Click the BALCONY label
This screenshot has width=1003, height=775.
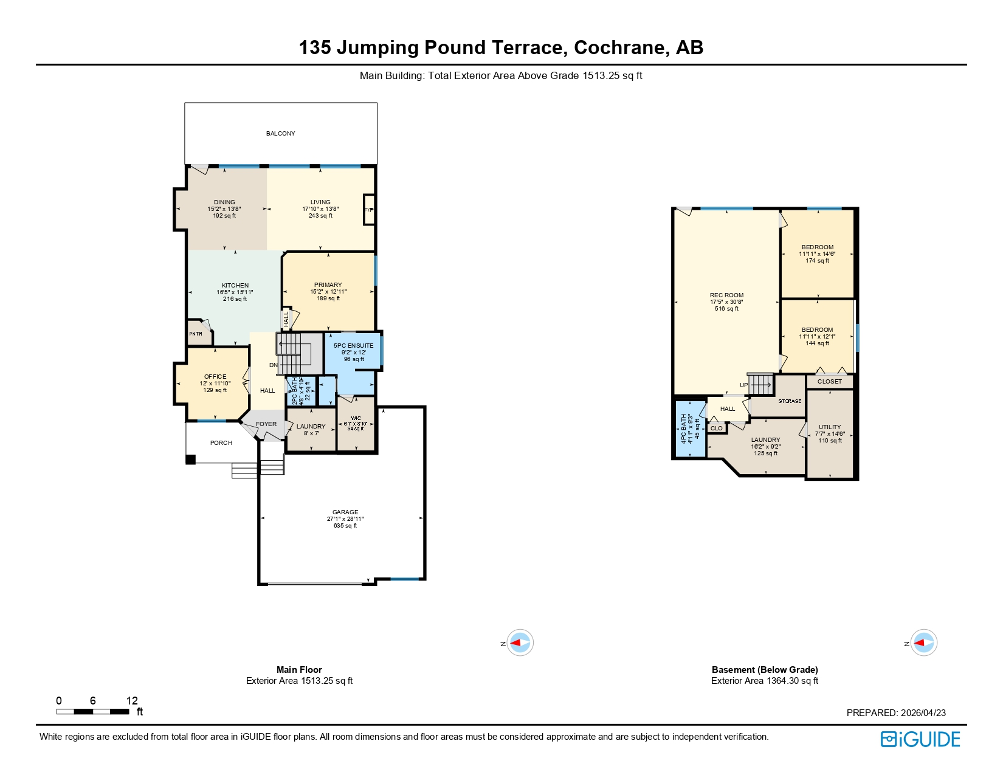coord(280,134)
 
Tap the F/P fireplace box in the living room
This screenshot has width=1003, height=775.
coord(368,210)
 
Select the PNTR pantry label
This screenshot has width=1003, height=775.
coord(196,334)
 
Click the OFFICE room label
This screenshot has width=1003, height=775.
coord(215,377)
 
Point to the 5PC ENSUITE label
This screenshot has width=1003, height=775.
coord(353,346)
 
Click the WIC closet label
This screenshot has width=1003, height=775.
coord(356,419)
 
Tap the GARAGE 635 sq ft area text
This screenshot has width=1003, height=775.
coord(345,526)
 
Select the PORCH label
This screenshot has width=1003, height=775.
coord(221,443)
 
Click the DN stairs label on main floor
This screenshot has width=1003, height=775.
coord(274,365)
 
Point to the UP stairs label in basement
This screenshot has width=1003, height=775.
coord(743,385)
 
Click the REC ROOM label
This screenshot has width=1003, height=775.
coord(726,295)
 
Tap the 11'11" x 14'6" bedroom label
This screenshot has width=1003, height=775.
coord(817,254)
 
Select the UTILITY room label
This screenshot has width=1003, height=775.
coord(830,427)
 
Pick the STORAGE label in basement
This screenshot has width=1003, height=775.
coord(790,401)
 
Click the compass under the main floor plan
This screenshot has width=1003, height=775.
coord(520,642)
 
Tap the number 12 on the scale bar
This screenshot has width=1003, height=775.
coord(132,701)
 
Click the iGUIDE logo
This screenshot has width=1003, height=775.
coord(920,739)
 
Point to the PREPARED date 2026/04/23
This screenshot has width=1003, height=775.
coord(923,713)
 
